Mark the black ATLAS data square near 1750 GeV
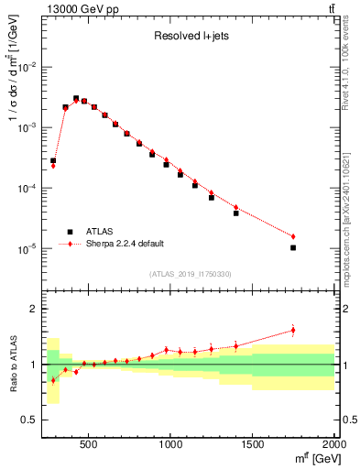[x=293, y=247]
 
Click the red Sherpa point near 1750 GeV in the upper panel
[x=293, y=236]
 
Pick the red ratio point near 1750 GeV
[x=293, y=331]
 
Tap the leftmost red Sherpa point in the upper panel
[x=53, y=166]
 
